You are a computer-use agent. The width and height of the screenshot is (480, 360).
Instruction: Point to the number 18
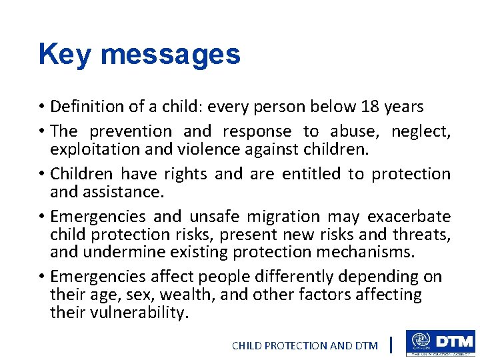(x=369, y=107)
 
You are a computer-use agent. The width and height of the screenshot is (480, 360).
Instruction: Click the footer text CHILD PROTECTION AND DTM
(x=304, y=345)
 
